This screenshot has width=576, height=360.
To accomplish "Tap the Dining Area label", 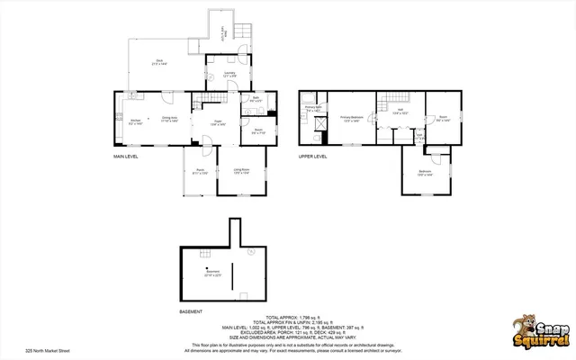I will (169, 120).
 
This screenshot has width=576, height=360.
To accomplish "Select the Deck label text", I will (158, 63).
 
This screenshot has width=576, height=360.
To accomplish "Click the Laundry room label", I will (229, 75).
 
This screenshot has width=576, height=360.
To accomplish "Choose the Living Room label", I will (241, 171).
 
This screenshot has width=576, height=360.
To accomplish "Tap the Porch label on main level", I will (201, 171).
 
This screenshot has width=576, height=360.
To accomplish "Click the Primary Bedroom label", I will (352, 118).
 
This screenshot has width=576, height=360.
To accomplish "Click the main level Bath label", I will (256, 100).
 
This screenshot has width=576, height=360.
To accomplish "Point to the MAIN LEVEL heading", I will (125, 157).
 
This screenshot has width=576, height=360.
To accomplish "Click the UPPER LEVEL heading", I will (312, 157).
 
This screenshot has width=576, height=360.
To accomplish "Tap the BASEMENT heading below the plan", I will (190, 311).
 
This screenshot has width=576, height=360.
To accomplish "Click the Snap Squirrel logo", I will (535, 329).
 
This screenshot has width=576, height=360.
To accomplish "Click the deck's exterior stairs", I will (241, 34).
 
